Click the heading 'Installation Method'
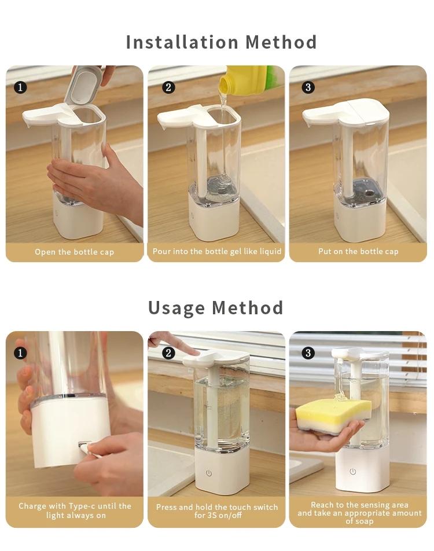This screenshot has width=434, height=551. pyautogui.click(x=221, y=42)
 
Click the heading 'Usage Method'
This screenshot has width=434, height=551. pyautogui.click(x=215, y=307)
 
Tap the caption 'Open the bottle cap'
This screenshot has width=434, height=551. pyautogui.click(x=74, y=252)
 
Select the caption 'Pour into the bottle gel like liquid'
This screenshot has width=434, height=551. pyautogui.click(x=217, y=251)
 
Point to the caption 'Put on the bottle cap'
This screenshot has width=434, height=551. pyautogui.click(x=358, y=251)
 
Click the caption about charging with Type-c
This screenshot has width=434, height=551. pyautogui.click(x=75, y=510)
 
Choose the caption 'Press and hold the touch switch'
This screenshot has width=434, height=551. pyautogui.click(x=217, y=511)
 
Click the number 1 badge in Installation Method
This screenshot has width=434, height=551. pyautogui.click(x=20, y=87)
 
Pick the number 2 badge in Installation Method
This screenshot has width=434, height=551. pyautogui.click(x=168, y=87)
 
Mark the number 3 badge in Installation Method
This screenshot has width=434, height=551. pyautogui.click(x=308, y=87)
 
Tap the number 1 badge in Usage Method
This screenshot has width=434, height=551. pyautogui.click(x=20, y=352)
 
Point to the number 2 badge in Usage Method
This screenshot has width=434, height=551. pyautogui.click(x=168, y=352)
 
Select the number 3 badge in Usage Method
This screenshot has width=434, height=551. pyautogui.click(x=308, y=352)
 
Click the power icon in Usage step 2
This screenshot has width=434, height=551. pyautogui.click(x=209, y=473)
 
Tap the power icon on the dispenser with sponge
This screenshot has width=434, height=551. pyautogui.click(x=352, y=472)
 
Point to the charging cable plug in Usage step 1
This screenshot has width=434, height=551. pyautogui.click(x=85, y=448)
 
